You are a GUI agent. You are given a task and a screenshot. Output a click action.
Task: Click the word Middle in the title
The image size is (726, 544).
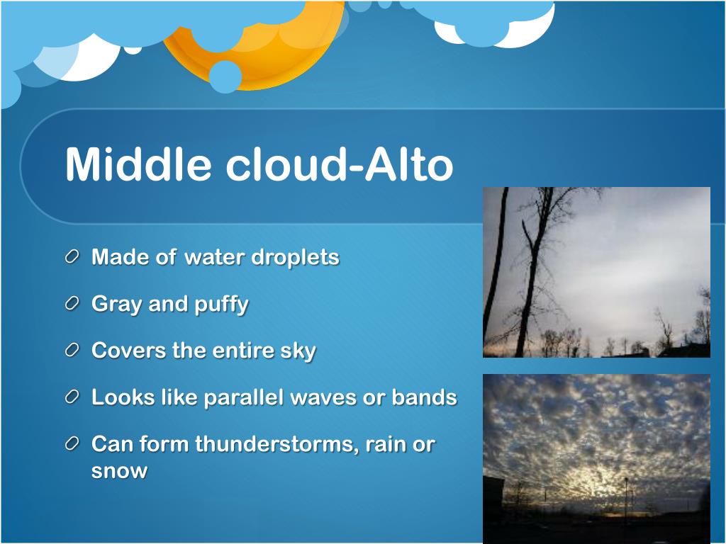tap(138, 164)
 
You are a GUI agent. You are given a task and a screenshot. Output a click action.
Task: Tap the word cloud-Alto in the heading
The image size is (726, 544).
tap(340, 164)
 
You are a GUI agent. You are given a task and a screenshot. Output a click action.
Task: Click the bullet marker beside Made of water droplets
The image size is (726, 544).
tap(72, 256)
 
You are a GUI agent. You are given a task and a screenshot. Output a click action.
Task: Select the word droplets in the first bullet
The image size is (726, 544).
tap(295, 257)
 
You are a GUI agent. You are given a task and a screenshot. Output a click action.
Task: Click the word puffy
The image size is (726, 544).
tap(221, 305)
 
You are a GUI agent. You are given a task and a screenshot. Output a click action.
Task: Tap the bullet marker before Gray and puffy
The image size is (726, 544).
tap(72, 303)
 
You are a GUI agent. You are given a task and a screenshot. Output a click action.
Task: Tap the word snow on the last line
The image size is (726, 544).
tap(119, 471)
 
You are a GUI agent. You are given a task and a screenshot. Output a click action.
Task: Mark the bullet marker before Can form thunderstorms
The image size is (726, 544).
tap(72, 443)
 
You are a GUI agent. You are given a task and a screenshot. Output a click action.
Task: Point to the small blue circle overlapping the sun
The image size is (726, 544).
tap(225, 76)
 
